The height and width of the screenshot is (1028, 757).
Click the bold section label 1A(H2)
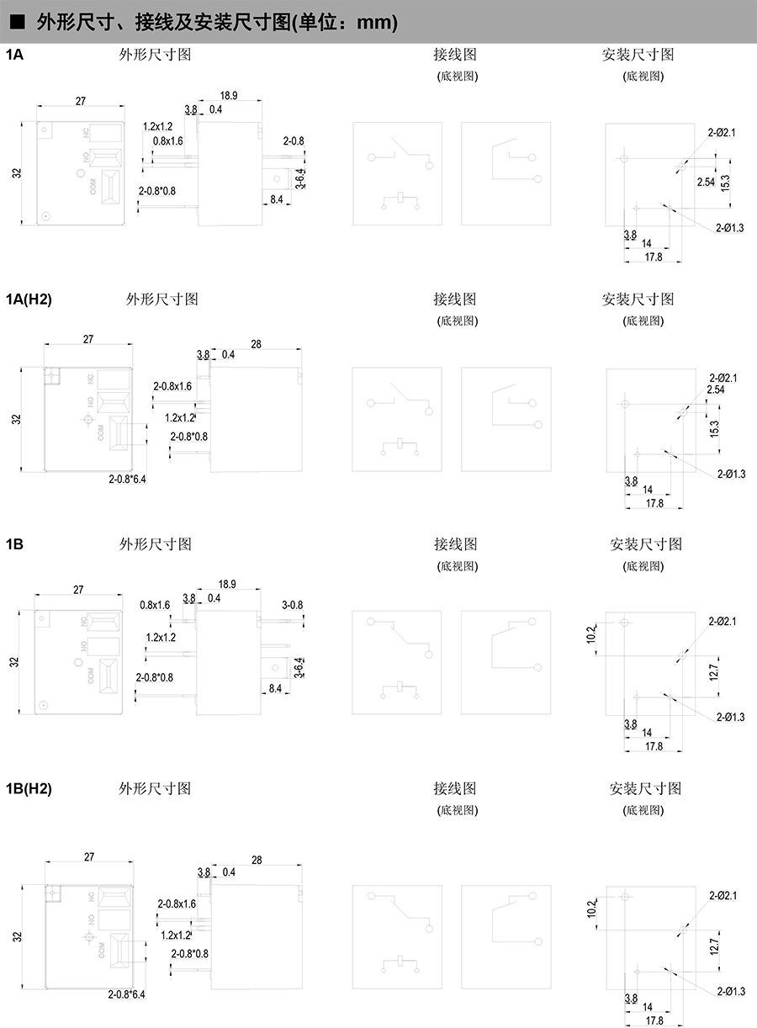[x=29, y=299]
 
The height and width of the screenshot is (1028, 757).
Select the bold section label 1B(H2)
[x=29, y=788]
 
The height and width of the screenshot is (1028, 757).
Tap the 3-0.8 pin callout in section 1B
[x=293, y=604]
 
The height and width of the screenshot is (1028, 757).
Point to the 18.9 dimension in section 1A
[x=228, y=96]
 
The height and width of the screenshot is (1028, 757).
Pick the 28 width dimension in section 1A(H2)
[x=257, y=343]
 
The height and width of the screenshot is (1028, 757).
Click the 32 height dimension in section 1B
[x=13, y=662]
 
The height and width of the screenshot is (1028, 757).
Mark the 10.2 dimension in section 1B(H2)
[x=591, y=909]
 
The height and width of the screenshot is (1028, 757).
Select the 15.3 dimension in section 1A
[x=725, y=182]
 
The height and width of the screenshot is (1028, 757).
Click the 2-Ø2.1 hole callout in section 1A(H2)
[x=723, y=378]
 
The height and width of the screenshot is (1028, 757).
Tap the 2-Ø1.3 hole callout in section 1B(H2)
[x=731, y=991]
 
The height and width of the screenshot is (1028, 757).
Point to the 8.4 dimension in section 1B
[x=275, y=688]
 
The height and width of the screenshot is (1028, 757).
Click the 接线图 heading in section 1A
[x=455, y=55]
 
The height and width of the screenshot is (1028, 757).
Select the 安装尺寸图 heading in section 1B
[x=645, y=544]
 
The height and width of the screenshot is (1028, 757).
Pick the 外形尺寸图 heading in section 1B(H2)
[x=156, y=788]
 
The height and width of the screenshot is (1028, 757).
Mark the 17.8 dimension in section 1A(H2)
[x=654, y=502]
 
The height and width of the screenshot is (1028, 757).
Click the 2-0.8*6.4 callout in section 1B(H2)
[x=127, y=994]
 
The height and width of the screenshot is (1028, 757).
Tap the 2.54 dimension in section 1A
[x=706, y=182]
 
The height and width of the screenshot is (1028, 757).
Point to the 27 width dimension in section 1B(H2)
[x=89, y=856]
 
